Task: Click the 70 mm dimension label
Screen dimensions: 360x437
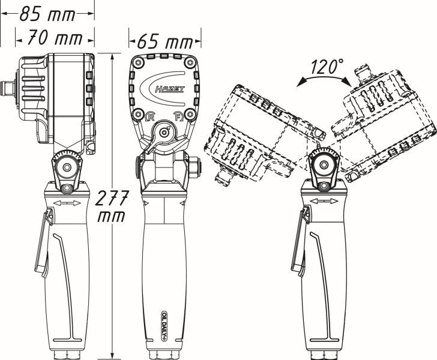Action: (55, 39)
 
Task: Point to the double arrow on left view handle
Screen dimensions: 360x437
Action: (67, 205)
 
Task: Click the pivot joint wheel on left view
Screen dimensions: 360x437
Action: (64, 164)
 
